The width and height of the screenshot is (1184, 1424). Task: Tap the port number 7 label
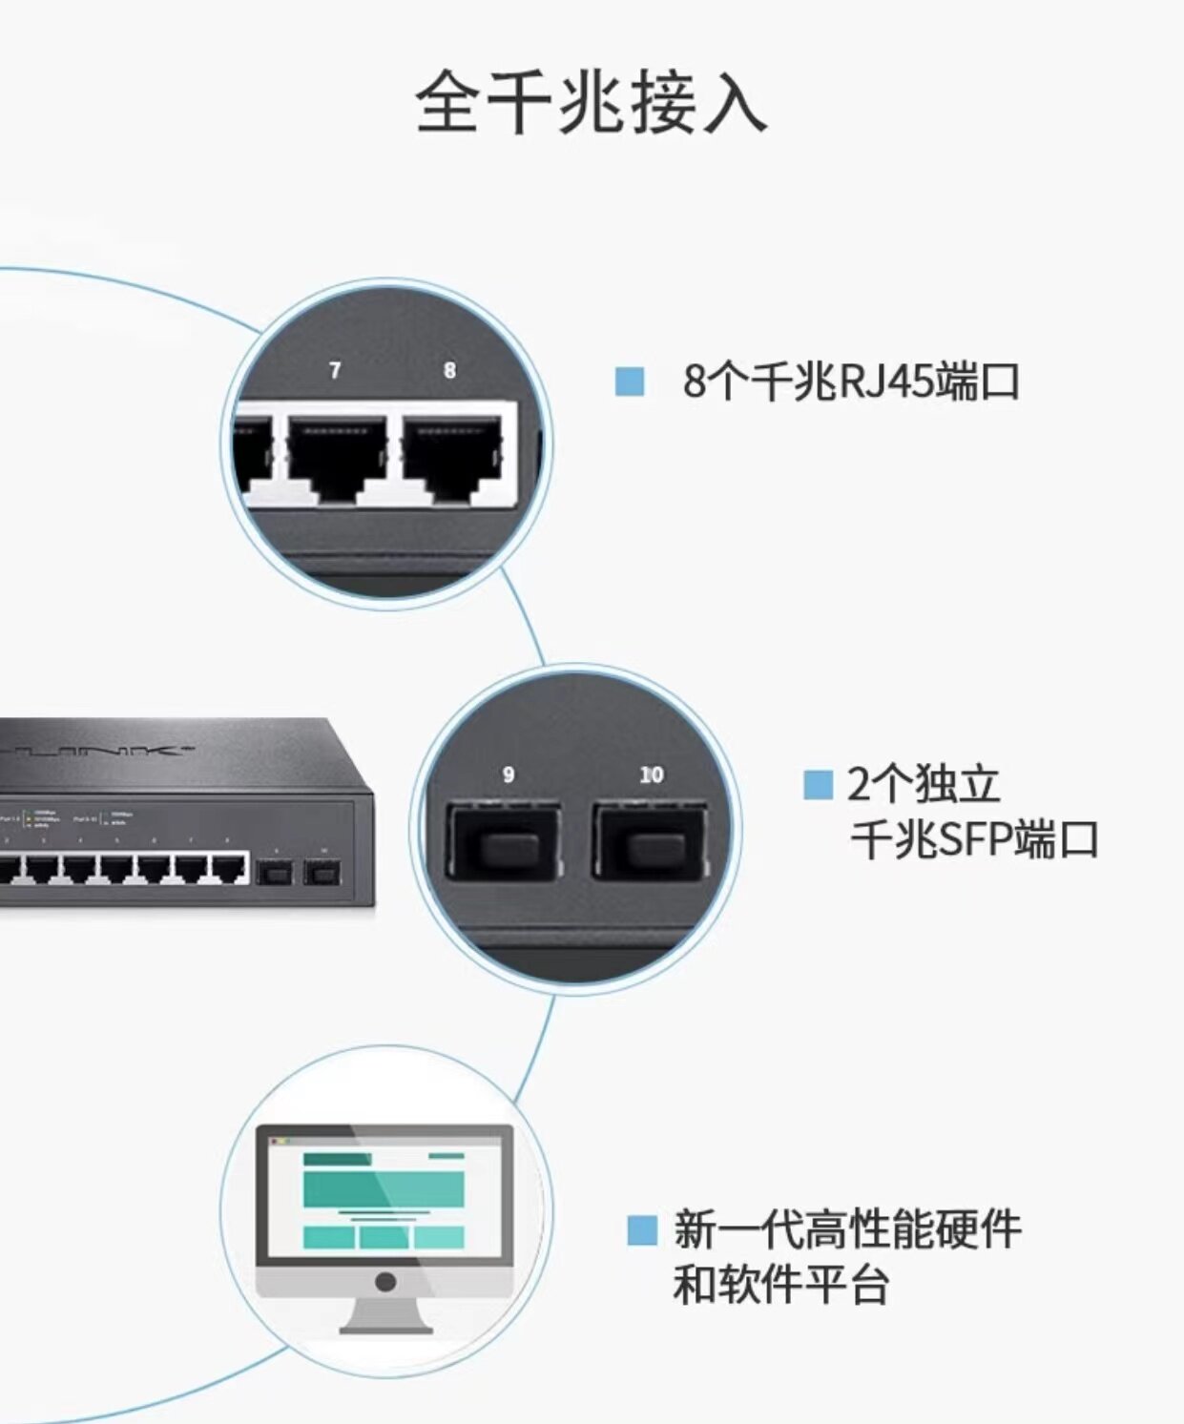[335, 370]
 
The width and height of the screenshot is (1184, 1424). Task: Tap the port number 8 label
[449, 370]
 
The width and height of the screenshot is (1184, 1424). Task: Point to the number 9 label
[509, 774]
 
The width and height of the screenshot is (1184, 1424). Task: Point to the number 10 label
[652, 774]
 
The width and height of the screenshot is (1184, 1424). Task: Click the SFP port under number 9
[503, 840]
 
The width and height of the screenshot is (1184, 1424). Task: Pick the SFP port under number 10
[648, 840]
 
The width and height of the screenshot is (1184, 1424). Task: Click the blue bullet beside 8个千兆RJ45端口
[630, 382]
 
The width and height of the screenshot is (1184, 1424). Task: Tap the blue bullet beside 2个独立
[818, 785]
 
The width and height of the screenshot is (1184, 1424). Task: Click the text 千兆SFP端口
[974, 840]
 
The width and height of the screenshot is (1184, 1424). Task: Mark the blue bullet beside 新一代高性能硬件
[642, 1229]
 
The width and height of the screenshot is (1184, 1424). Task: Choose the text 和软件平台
[780, 1285]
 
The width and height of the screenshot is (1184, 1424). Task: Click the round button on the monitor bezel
[385, 1282]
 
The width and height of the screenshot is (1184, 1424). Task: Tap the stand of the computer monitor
[386, 1317]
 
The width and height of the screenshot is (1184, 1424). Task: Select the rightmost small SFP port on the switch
[322, 872]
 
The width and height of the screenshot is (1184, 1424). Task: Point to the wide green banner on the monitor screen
[384, 1188]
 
